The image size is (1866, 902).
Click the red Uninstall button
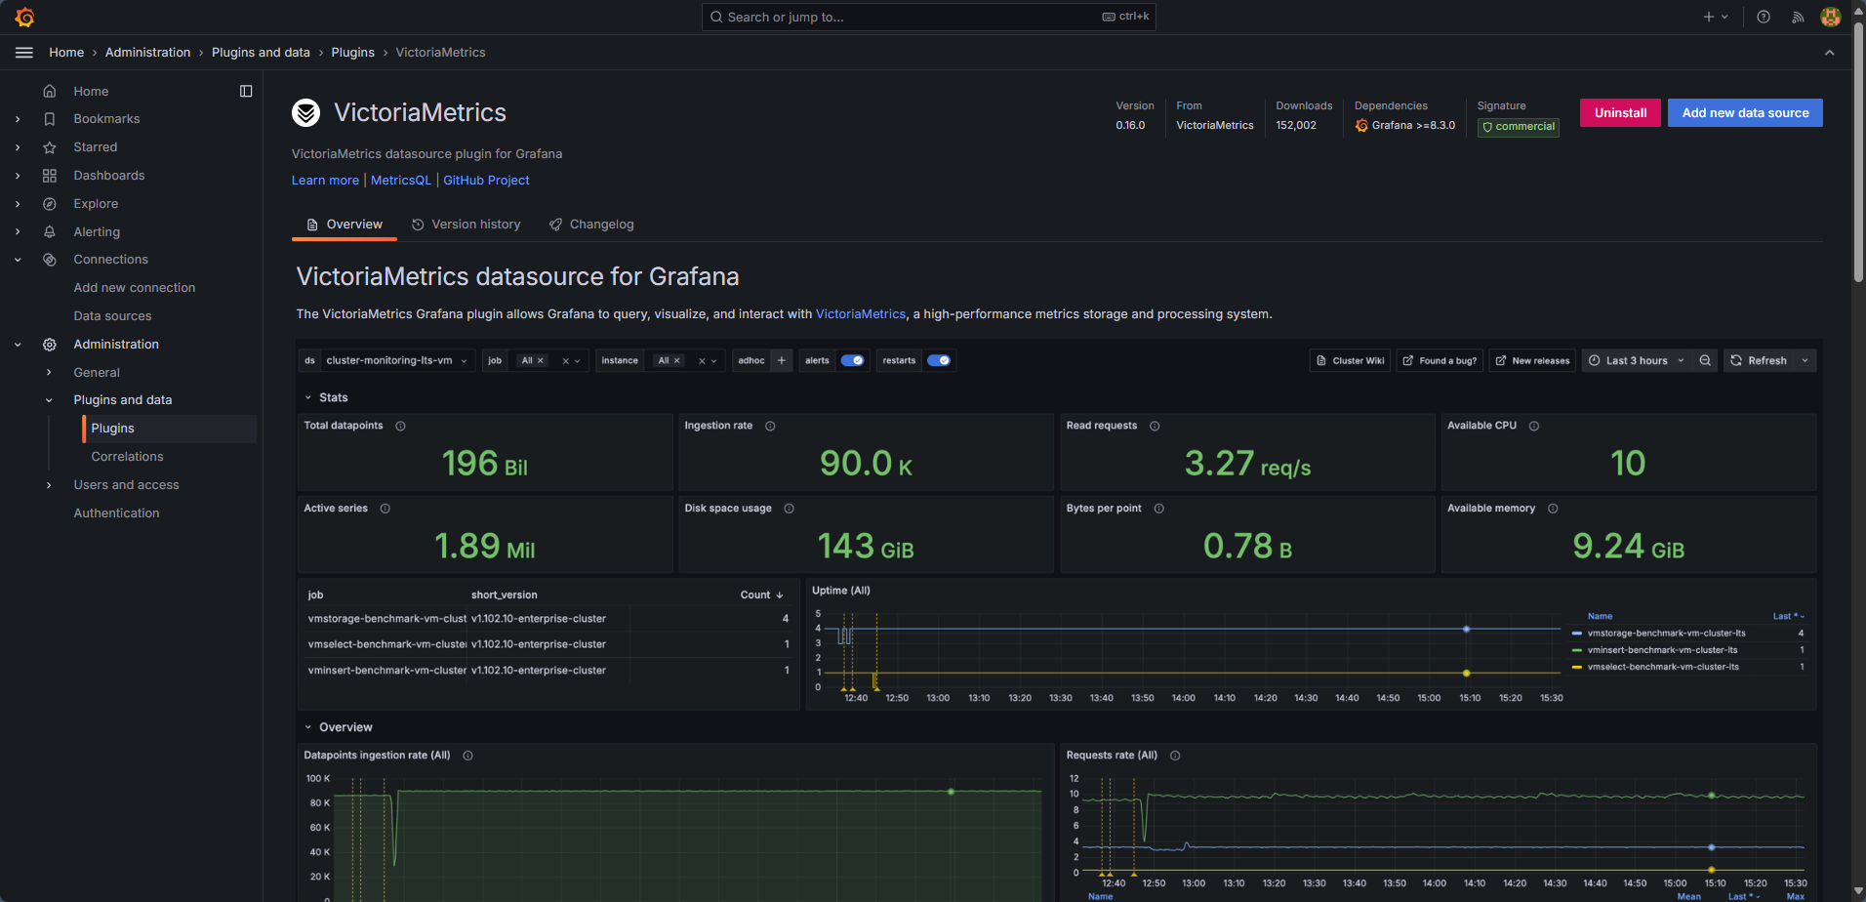pos(1619,113)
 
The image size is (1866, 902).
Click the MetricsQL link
pos(400,181)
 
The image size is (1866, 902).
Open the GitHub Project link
pos(486,181)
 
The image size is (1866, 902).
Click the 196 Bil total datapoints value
pos(484,464)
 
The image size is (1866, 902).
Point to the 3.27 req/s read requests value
pos(1246,464)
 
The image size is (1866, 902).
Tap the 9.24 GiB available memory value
pos(1627,547)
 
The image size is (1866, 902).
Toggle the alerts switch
pos(852,360)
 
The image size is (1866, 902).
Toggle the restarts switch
pos(938,360)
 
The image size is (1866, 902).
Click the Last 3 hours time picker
pos(1636,360)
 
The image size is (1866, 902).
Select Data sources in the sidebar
pos(112,316)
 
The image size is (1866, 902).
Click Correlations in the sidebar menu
pos(127,457)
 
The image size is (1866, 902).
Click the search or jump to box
pos(927,17)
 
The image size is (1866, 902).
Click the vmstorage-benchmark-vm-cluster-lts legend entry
pos(1665,634)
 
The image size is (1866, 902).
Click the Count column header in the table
pos(755,595)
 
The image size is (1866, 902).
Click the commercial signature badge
pos(1518,127)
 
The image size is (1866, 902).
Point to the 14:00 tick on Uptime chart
pos(1183,698)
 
